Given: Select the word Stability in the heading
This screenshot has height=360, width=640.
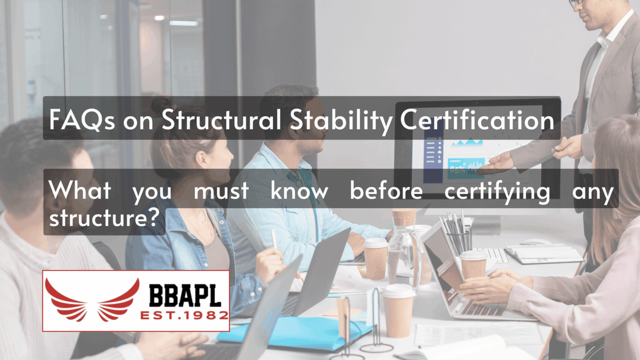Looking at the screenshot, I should pos(341,120).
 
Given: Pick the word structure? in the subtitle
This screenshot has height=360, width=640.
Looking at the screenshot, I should pos(104,218).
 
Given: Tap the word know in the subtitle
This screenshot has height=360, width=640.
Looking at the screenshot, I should pos(299,191).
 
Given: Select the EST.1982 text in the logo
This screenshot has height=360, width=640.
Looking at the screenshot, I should pos(184,316).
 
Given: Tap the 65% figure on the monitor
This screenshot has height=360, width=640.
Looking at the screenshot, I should pos(457,168).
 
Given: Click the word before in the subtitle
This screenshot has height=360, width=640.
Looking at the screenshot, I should pos(386,191).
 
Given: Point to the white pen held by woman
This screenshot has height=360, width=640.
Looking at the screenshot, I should pos(274,239).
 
